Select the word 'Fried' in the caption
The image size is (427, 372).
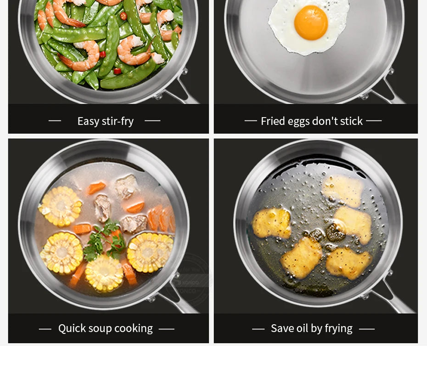click(x=273, y=121)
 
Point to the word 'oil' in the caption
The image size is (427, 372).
click(x=302, y=328)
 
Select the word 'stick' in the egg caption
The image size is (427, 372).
click(x=352, y=121)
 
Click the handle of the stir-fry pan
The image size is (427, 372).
click(x=184, y=92)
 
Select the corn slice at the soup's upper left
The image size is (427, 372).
click(x=60, y=207)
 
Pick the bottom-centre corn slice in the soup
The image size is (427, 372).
click(x=104, y=273)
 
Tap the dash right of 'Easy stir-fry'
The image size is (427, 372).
click(x=152, y=121)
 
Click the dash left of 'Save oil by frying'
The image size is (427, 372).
click(x=258, y=329)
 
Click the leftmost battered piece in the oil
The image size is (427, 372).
click(x=271, y=223)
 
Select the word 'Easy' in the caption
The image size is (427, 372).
click(x=88, y=121)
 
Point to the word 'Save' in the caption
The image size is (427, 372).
click(x=282, y=328)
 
